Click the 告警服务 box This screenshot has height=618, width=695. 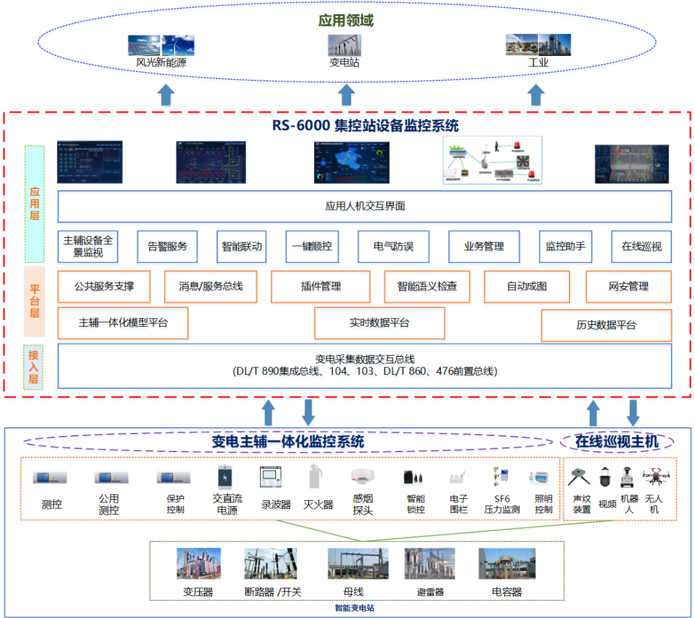pos(167,246)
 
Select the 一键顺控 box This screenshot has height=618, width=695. pos(312,246)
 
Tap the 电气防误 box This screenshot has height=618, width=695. pos(393,246)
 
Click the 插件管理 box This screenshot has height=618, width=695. pos(320,287)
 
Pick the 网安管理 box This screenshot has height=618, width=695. pos(628,287)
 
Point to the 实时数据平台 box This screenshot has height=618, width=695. pos(379,323)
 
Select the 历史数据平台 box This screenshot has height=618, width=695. pos(606,325)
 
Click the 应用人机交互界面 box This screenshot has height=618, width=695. pos(364,206)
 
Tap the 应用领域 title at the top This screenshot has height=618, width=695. pos(346,21)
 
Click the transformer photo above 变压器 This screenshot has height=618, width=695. pos(198,564)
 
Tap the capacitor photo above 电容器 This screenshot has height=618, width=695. pos(506,564)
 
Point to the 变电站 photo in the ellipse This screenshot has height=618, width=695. pos(344,45)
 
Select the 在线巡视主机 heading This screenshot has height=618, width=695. pos(616,442)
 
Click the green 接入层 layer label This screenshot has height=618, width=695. pos(33,366)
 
